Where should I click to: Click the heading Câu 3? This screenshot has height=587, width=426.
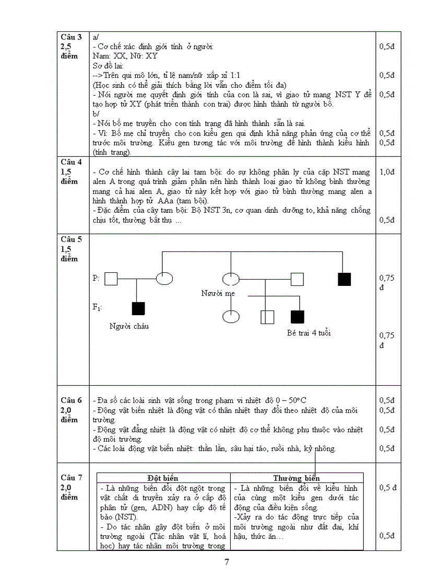coord(72,37)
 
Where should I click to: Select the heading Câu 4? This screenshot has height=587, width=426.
coord(72,162)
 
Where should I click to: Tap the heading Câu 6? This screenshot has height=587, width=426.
coord(72,400)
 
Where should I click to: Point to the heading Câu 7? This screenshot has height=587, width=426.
coord(72,477)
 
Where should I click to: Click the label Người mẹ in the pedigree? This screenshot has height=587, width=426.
coord(218,293)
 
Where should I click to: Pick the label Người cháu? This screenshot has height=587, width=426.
coord(129,326)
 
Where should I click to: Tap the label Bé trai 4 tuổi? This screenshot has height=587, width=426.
coord(309,332)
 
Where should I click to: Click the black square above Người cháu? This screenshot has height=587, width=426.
coord(138,308)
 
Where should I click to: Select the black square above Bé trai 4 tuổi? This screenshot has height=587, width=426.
coord(297,317)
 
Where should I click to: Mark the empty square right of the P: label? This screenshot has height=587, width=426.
coord(111,279)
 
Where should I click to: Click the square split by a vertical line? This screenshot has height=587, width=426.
coord(267,317)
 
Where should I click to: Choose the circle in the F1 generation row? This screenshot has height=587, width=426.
coord(230,317)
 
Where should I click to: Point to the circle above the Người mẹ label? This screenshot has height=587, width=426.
coord(230,279)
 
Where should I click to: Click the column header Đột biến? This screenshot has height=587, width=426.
coord(163,478)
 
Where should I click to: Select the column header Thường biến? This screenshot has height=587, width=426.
coord(297,478)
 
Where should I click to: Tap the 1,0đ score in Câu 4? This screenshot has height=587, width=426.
coord(387,172)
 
